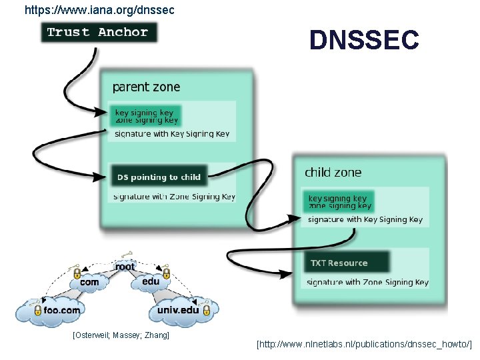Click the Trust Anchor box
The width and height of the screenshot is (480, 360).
(99, 32)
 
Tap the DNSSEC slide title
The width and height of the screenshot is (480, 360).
(364, 41)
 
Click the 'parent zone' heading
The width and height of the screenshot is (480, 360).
(146, 87)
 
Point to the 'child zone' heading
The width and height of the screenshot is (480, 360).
(333, 172)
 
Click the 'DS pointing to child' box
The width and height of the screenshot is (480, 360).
(159, 177)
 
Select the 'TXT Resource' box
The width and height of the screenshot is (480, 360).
(345, 263)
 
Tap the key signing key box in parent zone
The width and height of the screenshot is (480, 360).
(146, 116)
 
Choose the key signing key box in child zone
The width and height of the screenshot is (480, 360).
(339, 202)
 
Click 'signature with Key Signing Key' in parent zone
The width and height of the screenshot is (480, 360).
(172, 134)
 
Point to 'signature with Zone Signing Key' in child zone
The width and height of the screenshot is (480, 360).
(367, 282)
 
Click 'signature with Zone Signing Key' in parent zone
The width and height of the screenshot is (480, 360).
(174, 197)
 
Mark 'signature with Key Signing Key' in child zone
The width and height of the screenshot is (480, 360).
(365, 219)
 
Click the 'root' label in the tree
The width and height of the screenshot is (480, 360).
(125, 267)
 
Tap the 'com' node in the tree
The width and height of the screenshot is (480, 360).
(89, 282)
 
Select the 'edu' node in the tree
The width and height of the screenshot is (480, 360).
(151, 281)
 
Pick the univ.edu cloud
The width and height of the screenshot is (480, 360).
(178, 310)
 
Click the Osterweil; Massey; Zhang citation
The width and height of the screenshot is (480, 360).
(121, 334)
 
